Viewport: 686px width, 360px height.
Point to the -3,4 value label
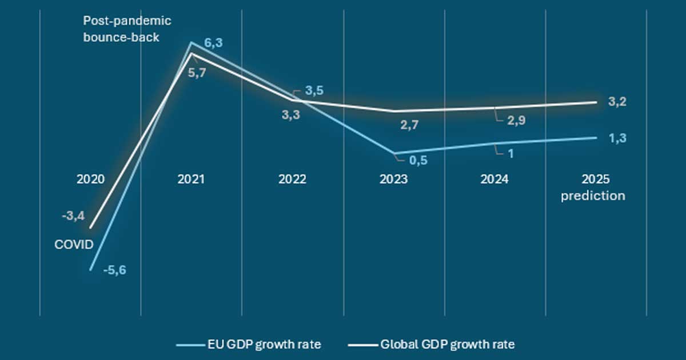[74, 216]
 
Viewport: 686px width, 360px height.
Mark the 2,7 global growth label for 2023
[410, 126]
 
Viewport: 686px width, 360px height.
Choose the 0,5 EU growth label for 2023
[418, 161]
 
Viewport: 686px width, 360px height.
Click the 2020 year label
[90, 179]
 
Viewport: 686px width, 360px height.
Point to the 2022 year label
[292, 179]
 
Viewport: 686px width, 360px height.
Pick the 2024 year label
[494, 179]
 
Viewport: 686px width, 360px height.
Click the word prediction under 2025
[593, 195]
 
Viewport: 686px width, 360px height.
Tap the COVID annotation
[74, 245]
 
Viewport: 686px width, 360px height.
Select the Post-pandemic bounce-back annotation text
[127, 28]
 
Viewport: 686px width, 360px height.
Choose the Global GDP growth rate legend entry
[431, 345]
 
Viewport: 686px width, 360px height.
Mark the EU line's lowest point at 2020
[90, 270]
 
